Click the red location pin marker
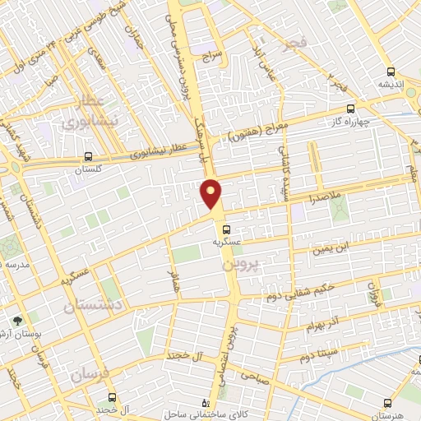[211, 193]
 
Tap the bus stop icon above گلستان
[88, 156]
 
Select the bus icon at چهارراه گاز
[351, 108]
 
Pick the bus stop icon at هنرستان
[386, 403]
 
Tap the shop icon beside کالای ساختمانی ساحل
[206, 404]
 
